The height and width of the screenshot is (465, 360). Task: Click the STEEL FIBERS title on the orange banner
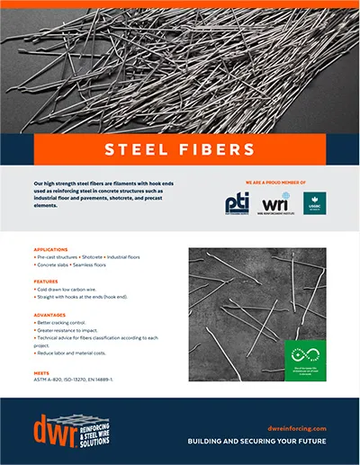(x=179, y=148)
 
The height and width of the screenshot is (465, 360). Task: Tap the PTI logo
(x=238, y=204)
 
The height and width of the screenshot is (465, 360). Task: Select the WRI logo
(x=274, y=204)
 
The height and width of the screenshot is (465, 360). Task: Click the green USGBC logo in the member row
(x=315, y=204)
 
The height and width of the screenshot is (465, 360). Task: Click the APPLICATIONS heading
(x=51, y=249)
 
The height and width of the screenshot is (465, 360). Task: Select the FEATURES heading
(x=46, y=282)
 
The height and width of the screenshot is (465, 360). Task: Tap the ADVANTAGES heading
(x=50, y=315)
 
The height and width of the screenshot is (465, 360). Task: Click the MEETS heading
(x=41, y=370)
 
